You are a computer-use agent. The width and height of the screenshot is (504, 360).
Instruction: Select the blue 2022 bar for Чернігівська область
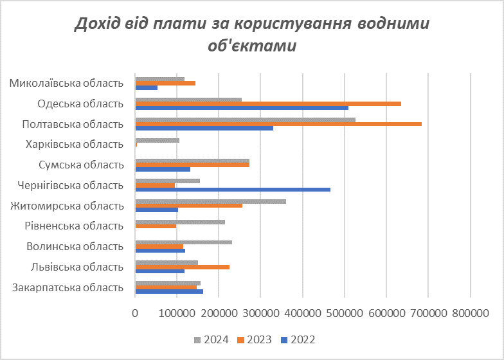(x=233, y=190)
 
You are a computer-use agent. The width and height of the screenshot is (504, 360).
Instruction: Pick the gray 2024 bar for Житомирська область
(x=210, y=201)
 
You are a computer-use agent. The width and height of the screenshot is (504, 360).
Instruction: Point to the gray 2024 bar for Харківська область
(x=157, y=140)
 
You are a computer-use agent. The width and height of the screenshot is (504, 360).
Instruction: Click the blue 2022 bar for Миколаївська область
(x=147, y=87)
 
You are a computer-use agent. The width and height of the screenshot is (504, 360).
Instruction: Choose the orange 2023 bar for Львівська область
(x=182, y=267)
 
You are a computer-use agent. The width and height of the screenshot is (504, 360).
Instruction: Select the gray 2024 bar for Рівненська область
(x=180, y=222)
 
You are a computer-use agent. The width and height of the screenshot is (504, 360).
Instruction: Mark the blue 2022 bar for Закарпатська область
(x=169, y=292)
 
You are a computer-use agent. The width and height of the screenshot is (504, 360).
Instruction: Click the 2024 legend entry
(x=212, y=339)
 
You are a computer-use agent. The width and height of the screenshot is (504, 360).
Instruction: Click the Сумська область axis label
(x=82, y=165)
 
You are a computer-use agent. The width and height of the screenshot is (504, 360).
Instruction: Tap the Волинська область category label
(x=75, y=247)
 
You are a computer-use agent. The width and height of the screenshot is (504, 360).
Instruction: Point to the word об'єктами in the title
(x=252, y=46)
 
